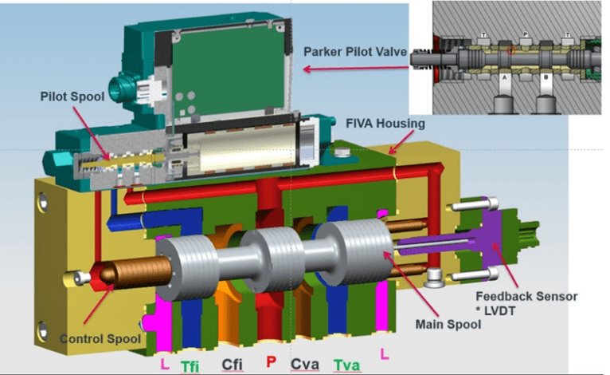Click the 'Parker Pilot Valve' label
pos(354,52)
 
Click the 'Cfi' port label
pos(232,365)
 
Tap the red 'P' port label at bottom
pos(272,364)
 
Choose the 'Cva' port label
pos(306,365)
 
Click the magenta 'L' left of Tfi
pos(164,364)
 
